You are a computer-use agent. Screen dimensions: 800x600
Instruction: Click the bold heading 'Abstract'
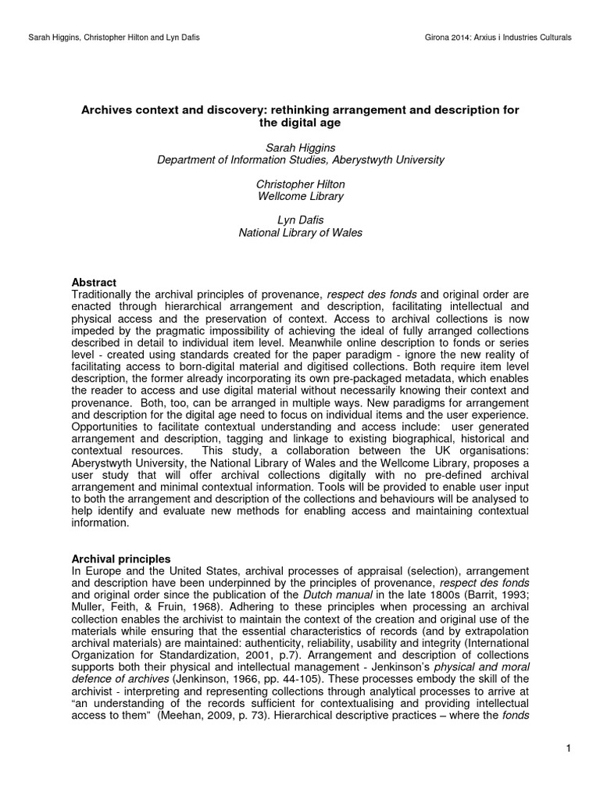click(x=94, y=282)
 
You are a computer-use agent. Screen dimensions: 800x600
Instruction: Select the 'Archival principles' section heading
click(x=121, y=559)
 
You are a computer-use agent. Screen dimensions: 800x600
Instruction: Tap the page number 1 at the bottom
click(x=570, y=750)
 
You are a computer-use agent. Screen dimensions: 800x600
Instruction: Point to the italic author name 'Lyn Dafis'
click(x=301, y=221)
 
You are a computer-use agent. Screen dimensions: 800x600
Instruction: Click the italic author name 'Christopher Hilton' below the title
click(x=301, y=184)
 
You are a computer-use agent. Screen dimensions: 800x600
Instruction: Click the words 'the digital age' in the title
click(x=301, y=123)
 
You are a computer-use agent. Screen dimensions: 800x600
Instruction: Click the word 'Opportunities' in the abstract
click(x=107, y=427)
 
